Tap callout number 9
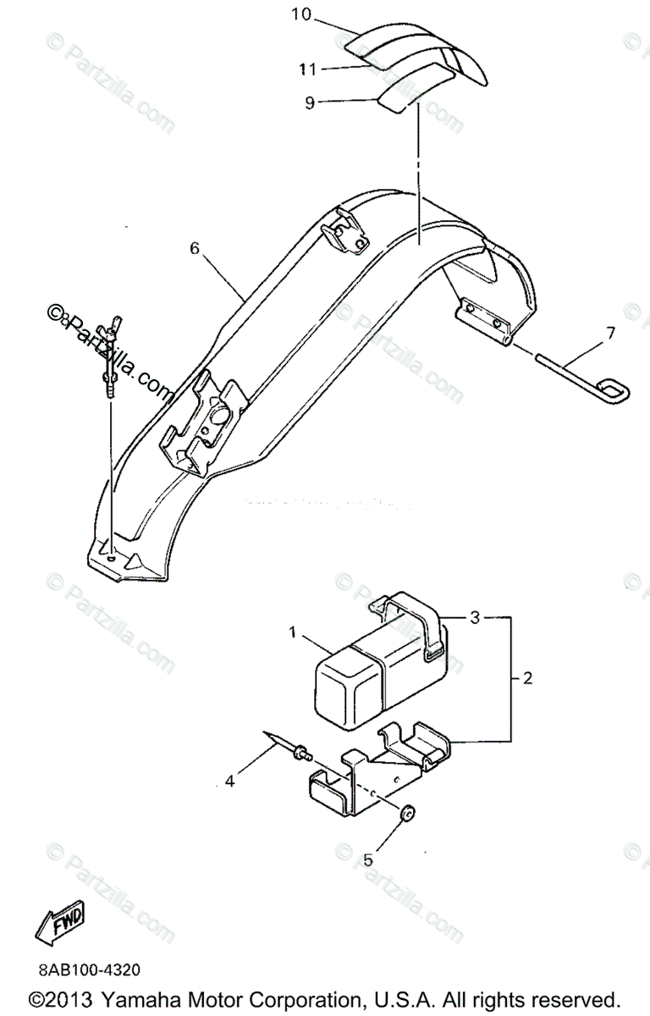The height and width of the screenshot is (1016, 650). coord(310,102)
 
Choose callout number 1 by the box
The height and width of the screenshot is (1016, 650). coord(293,632)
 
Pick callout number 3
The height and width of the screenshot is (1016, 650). coord(476,618)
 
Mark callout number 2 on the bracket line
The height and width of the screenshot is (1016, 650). coord(527,678)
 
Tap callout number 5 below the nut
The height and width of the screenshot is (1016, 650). coord(367,859)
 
